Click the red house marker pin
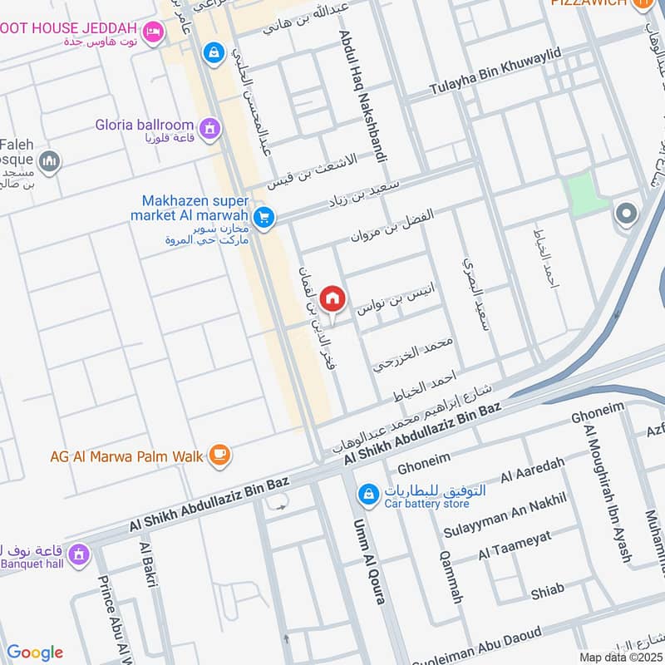pyautogui.click(x=332, y=298)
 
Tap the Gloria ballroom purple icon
pyautogui.click(x=210, y=127)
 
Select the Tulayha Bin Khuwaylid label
pyautogui.click(x=495, y=71)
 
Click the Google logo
pyautogui.click(x=35, y=653)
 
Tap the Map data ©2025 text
pyautogui.click(x=621, y=657)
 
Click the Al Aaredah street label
pyautogui.click(x=533, y=476)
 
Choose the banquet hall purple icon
pyautogui.click(x=79, y=553)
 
